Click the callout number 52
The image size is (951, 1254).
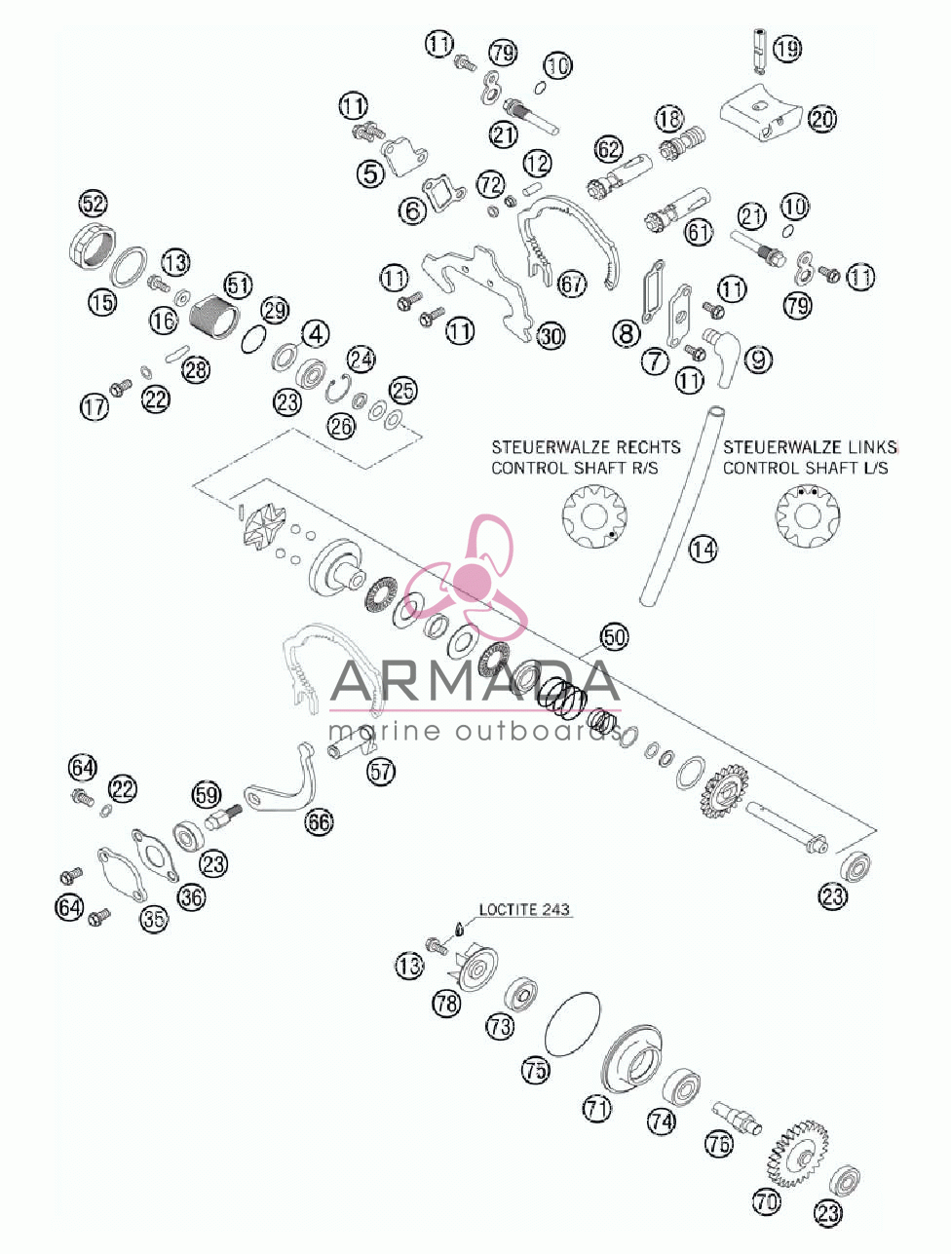coord(94,204)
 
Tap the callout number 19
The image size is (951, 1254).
coord(787,49)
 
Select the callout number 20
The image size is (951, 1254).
coord(822,120)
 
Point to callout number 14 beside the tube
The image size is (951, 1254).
coord(704,549)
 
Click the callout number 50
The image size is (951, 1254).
coord(615,637)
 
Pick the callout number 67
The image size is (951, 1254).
coord(572,284)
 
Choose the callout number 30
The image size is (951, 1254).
coord(552,336)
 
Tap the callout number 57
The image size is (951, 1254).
coord(381,772)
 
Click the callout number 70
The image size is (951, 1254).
coord(766,1201)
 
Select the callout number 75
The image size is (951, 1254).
coord(536,1070)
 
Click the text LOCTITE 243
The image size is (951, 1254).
coord(524,909)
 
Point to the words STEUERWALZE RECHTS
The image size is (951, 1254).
coord(586,447)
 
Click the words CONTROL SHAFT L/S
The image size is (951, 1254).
coord(806,468)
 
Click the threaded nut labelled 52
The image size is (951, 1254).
coord(92,247)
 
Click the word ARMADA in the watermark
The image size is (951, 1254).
coord(475,680)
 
